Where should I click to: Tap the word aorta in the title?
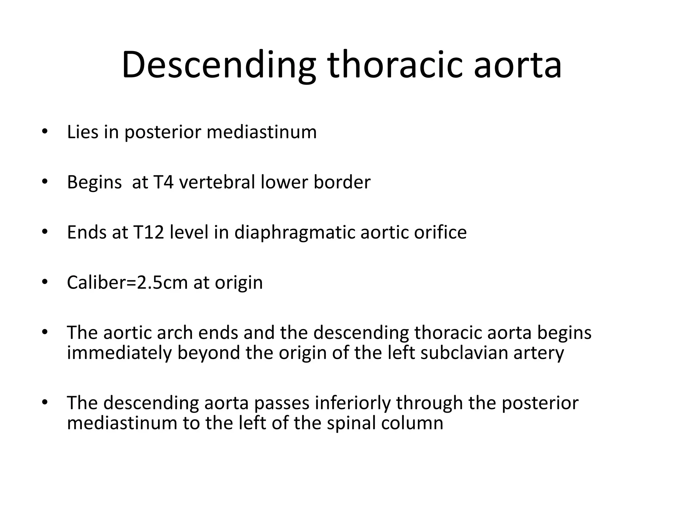point(518,65)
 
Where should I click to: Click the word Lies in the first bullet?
point(82,132)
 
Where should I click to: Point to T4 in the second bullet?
point(163,182)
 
